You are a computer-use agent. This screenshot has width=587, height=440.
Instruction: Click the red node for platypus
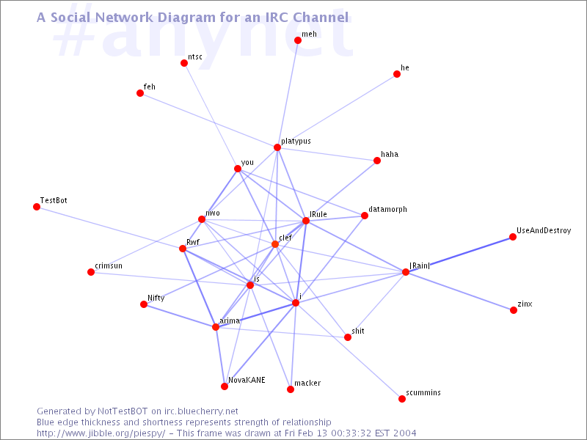pos(277,147)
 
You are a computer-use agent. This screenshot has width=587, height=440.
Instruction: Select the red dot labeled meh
pos(298,40)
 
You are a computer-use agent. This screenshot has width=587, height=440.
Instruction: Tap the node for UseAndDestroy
pos(513,237)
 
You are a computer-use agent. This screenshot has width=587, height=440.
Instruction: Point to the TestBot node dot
pos(37,207)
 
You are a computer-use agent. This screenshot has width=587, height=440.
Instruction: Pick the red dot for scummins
pos(402,399)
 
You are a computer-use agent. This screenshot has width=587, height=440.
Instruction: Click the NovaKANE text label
pos(247,380)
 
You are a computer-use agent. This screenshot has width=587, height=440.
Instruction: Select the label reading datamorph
pos(387,210)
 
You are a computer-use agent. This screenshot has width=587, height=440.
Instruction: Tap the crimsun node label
pos(109,265)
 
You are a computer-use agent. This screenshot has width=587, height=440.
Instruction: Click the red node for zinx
pos(514,310)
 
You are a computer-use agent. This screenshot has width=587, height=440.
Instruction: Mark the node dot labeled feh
pos(140,93)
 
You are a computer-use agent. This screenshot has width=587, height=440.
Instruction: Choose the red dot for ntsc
pos(184,63)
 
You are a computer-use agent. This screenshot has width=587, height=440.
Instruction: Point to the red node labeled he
pos(397,74)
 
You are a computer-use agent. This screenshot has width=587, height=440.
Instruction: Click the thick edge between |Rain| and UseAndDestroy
pos(459,254)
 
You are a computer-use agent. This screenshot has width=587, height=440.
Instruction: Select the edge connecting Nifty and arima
pos(180,316)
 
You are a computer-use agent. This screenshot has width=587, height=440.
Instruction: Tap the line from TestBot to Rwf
pos(109,228)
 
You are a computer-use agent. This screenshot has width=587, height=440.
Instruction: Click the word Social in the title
pos(70,17)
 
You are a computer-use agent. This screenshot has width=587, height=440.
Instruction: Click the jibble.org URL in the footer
pos(101,433)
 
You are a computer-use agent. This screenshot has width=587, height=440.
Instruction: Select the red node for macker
pos(291,389)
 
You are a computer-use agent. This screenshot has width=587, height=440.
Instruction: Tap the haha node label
pos(390,154)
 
